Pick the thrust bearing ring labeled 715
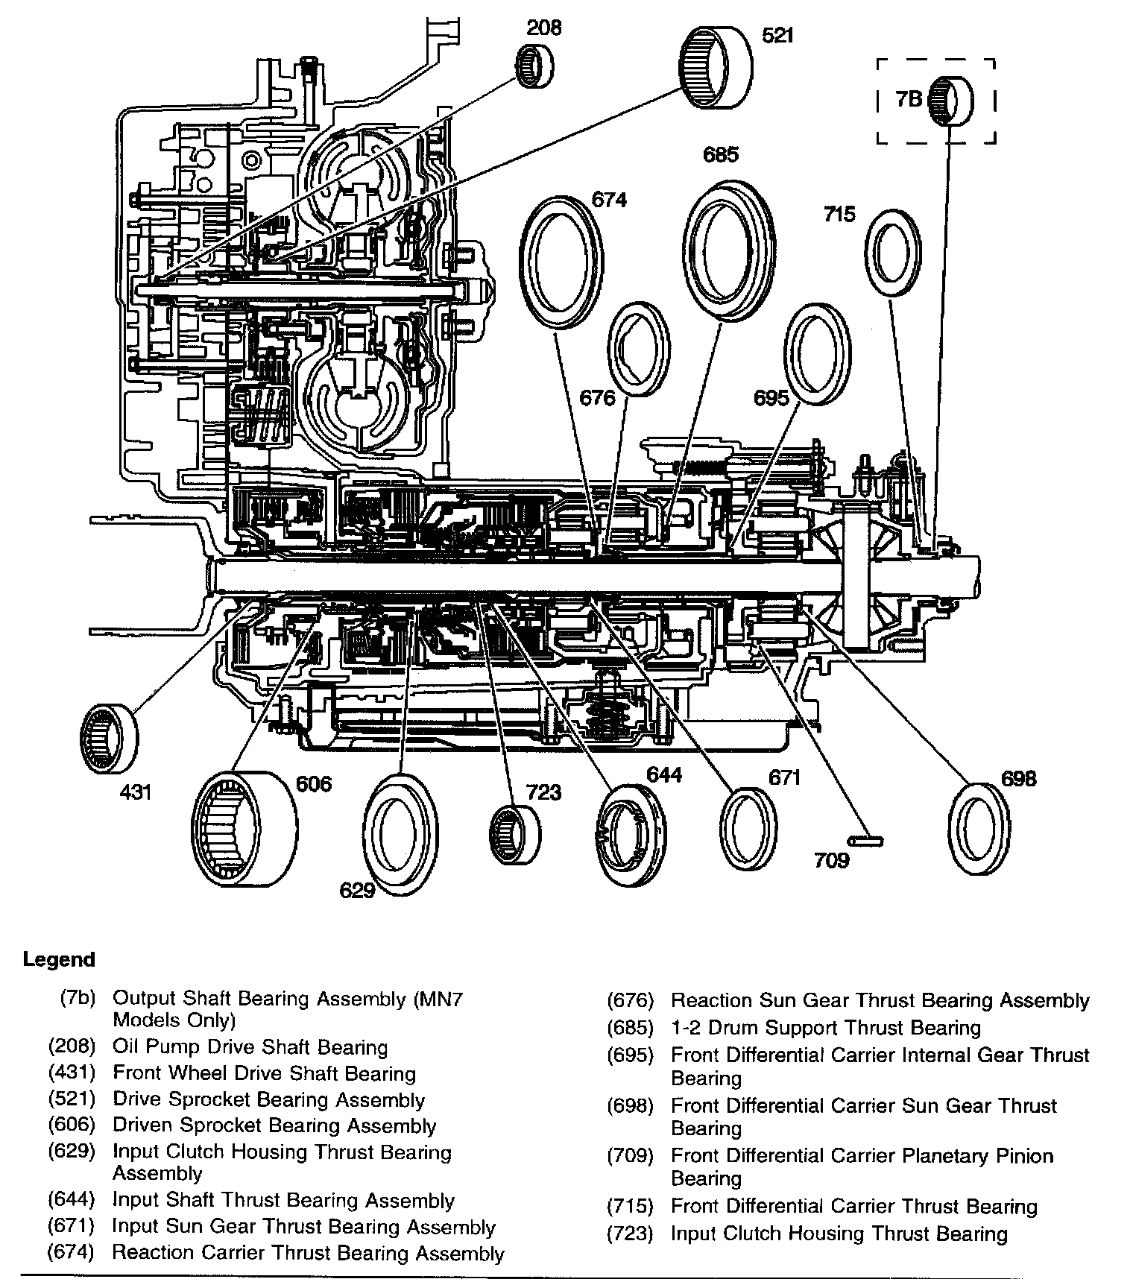coord(892,252)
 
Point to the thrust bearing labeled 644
coord(631,835)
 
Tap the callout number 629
coord(356,890)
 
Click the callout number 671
coord(783,777)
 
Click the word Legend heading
coord(59,959)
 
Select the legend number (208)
coord(72,1046)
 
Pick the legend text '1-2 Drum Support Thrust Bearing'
coord(826,1027)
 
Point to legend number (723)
coord(630,1234)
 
